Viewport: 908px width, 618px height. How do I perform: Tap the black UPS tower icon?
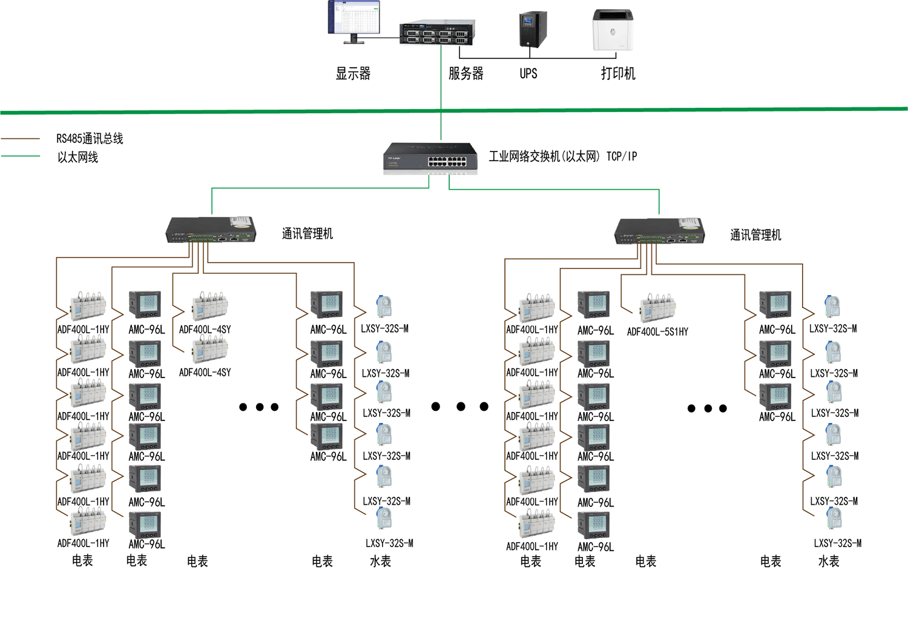[533, 29]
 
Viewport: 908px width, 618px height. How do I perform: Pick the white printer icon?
[613, 30]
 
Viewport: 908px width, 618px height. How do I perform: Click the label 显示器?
[353, 74]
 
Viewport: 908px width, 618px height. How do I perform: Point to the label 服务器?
[466, 74]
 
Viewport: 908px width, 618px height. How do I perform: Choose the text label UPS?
[528, 74]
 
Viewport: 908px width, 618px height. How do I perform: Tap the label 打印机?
[618, 74]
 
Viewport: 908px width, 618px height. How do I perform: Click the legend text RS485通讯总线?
[90, 139]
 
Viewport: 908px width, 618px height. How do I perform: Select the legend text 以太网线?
[77, 158]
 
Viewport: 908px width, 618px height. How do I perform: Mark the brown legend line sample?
[21, 139]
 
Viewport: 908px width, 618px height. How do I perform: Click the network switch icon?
[430, 158]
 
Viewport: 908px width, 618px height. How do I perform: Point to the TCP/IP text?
[622, 157]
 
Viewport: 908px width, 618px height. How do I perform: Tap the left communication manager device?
[211, 230]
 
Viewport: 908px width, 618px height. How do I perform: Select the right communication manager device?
[659, 231]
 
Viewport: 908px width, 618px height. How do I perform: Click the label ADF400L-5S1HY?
[657, 332]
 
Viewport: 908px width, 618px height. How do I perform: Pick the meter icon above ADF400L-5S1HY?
[658, 308]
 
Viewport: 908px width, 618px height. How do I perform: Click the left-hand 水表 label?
[380, 562]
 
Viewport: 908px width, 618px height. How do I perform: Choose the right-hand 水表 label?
[829, 562]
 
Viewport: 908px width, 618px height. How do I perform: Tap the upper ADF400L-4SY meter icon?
[209, 306]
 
